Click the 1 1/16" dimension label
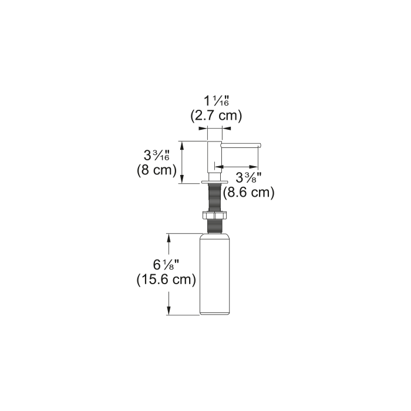click(x=217, y=101)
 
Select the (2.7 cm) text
click(x=216, y=115)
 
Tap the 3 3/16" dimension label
click(x=157, y=156)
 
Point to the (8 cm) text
click(x=157, y=170)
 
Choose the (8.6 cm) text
click(x=249, y=193)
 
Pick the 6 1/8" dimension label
click(x=166, y=265)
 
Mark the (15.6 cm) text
click(x=166, y=279)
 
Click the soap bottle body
click(x=215, y=274)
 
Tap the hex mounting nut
click(x=215, y=215)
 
